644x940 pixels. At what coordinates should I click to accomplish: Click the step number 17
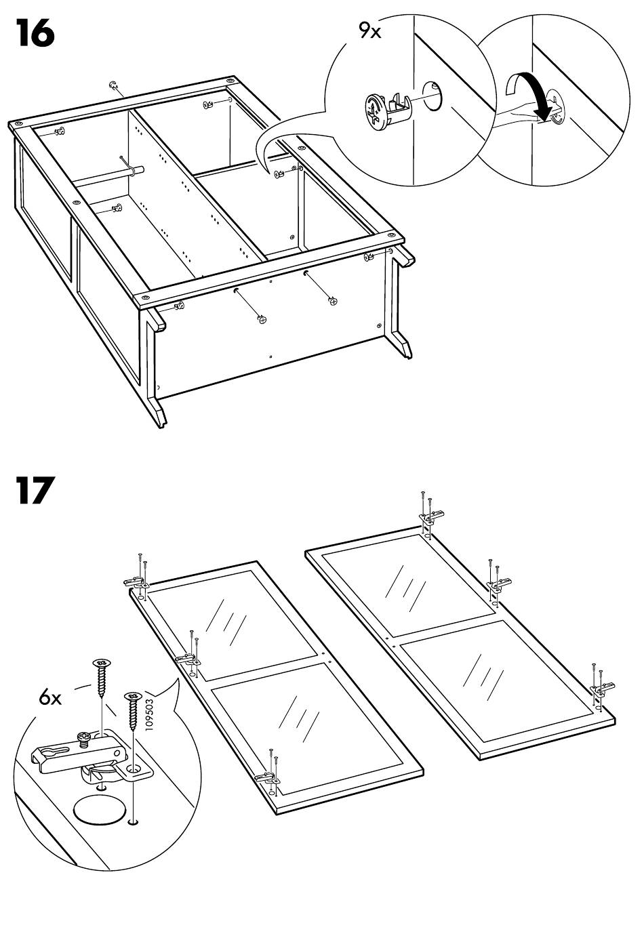click(34, 491)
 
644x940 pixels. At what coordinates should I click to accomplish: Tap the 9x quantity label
click(370, 30)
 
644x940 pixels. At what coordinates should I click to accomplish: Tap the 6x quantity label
click(50, 697)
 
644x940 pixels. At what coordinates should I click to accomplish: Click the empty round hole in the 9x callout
click(432, 94)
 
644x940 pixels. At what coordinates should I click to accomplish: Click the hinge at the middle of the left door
click(187, 657)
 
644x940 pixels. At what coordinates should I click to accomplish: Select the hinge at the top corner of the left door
click(136, 581)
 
